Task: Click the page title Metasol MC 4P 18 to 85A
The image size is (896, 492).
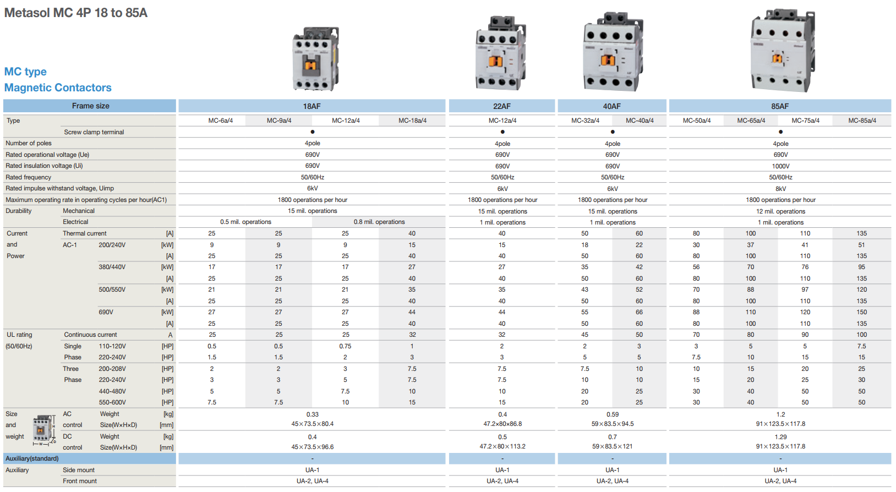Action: pos(75,13)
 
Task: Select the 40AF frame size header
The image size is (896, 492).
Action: pos(611,106)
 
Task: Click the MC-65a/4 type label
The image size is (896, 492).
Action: pos(751,121)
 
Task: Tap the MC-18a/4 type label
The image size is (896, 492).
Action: pos(412,121)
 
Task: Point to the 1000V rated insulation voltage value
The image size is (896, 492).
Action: pos(780,166)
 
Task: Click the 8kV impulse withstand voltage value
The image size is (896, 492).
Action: pos(780,188)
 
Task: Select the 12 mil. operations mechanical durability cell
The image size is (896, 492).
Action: pos(780,211)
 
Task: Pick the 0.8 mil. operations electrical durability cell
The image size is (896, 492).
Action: pos(379,222)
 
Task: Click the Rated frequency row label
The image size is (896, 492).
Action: pos(29,177)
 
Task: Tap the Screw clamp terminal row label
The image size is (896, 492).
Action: pos(94,132)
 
